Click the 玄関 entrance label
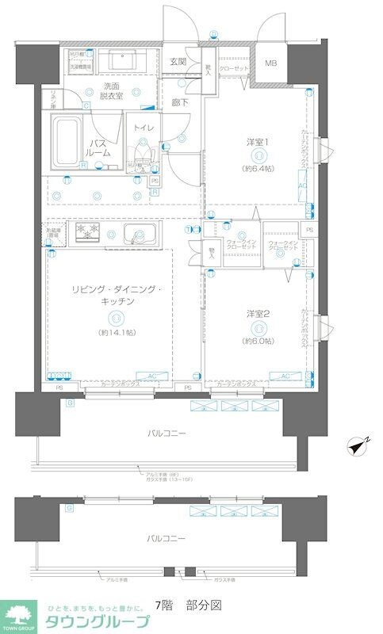point(177,62)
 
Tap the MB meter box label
point(270,63)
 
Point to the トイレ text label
point(143,127)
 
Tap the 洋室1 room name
point(258,143)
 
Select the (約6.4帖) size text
point(258,169)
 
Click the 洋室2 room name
point(258,314)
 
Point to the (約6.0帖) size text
point(258,341)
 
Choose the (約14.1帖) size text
point(116,332)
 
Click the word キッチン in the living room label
point(116,302)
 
